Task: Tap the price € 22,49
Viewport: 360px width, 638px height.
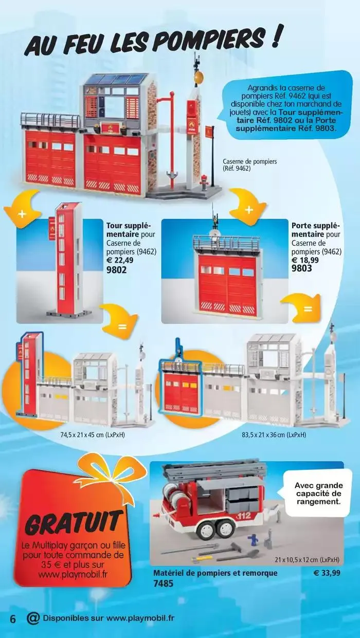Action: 123,260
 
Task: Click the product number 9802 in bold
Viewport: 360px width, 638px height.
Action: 117,269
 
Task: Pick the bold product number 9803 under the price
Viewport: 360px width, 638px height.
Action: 302,268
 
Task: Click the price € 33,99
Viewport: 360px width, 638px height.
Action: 327,573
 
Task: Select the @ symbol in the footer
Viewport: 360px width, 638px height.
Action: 33,618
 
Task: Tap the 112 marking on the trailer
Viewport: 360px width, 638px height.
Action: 244,514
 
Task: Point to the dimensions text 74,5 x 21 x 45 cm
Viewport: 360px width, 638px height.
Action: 93,434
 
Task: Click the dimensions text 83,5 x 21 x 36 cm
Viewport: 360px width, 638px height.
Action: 274,434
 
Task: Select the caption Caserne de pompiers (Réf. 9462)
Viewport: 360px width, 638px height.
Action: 250,165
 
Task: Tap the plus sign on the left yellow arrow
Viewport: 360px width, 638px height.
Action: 22,213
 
